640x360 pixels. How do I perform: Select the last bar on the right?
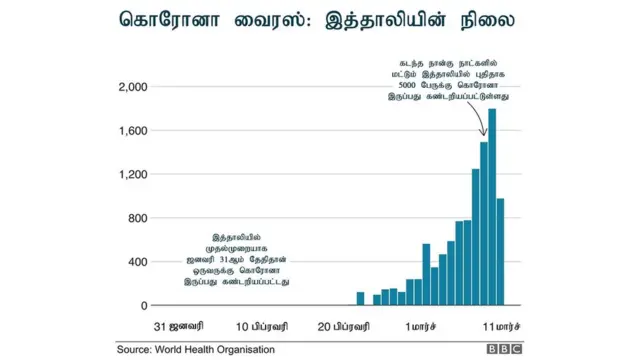(500, 252)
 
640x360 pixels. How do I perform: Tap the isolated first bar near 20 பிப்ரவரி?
(360, 298)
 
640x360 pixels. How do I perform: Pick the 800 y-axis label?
(137, 218)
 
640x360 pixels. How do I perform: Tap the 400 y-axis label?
(137, 262)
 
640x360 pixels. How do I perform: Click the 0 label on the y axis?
(144, 306)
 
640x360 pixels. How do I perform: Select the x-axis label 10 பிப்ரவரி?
(262, 327)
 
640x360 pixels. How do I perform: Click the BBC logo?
(507, 350)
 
